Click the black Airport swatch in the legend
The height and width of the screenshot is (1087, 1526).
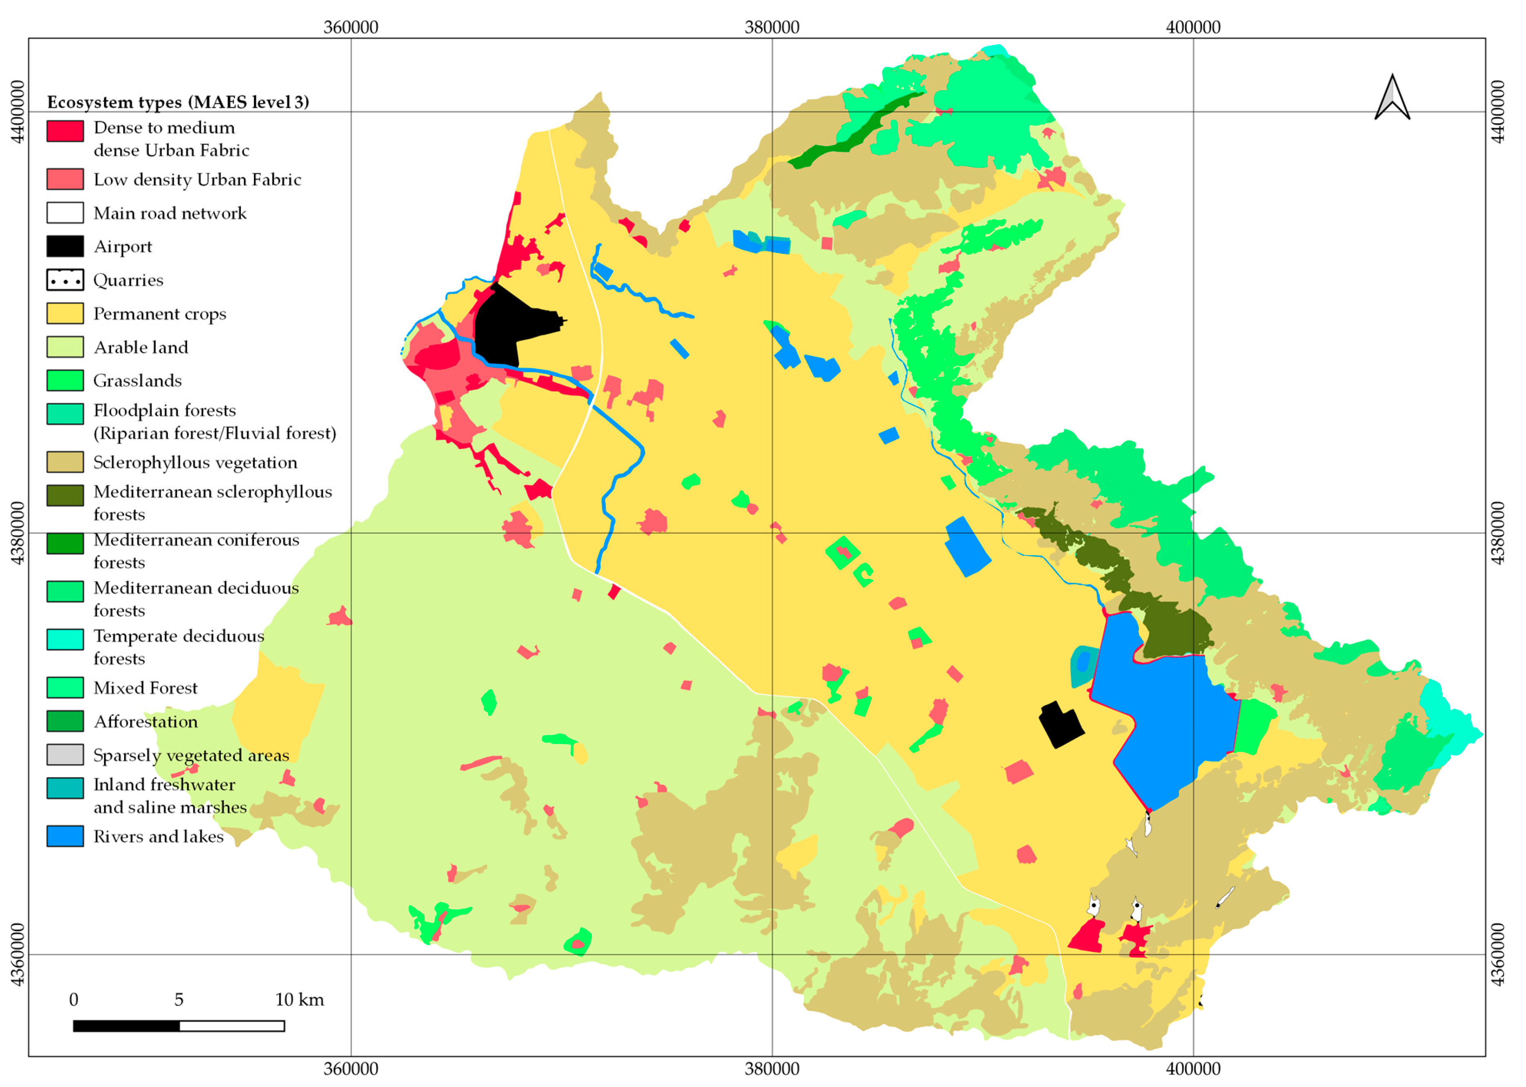(65, 246)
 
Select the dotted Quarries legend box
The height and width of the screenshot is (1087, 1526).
(65, 280)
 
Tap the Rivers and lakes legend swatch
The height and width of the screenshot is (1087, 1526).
(65, 836)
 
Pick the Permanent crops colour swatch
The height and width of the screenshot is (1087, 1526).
(65, 313)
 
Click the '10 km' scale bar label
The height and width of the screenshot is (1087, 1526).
(299, 999)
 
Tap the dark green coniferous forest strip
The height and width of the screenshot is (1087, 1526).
(850, 134)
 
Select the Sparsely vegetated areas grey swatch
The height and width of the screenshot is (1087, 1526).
(65, 754)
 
